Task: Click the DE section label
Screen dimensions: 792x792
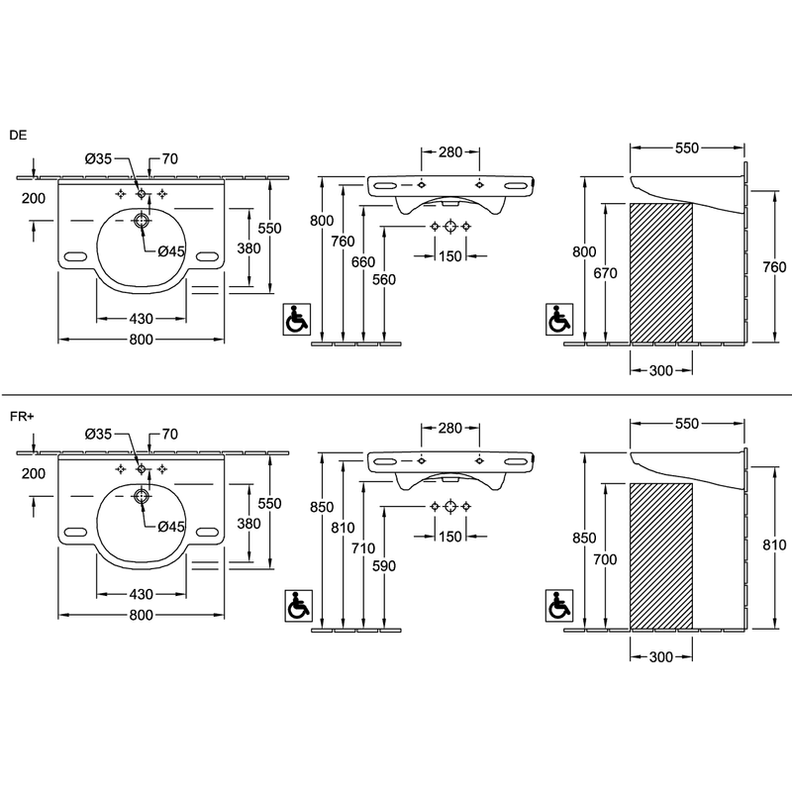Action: click(x=18, y=136)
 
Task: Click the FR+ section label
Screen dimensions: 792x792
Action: click(x=21, y=417)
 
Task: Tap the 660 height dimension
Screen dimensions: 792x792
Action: click(x=363, y=261)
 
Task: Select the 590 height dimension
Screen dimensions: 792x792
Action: click(x=384, y=565)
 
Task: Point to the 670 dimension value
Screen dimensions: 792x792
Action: click(x=605, y=273)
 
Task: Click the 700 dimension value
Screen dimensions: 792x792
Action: click(x=605, y=559)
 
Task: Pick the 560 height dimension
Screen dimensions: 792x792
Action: click(x=384, y=279)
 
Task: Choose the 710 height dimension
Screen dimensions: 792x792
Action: click(x=363, y=548)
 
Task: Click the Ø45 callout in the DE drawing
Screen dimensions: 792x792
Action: click(x=171, y=251)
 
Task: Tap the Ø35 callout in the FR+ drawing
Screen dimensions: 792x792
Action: click(x=98, y=434)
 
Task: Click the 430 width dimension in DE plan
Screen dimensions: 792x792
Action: click(x=141, y=319)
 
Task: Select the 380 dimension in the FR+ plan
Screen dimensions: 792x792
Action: click(x=249, y=524)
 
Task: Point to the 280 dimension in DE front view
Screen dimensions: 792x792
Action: click(x=450, y=152)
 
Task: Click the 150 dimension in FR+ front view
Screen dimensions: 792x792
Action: click(x=450, y=536)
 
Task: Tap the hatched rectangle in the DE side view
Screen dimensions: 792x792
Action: click(x=661, y=273)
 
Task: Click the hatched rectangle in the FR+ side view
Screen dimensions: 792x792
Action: click(x=661, y=556)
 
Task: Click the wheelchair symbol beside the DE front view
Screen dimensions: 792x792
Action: click(x=296, y=319)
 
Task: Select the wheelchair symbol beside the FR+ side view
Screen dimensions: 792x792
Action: click(x=559, y=606)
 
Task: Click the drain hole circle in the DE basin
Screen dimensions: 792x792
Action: click(x=141, y=221)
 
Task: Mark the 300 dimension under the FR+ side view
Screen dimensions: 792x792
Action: click(x=661, y=656)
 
